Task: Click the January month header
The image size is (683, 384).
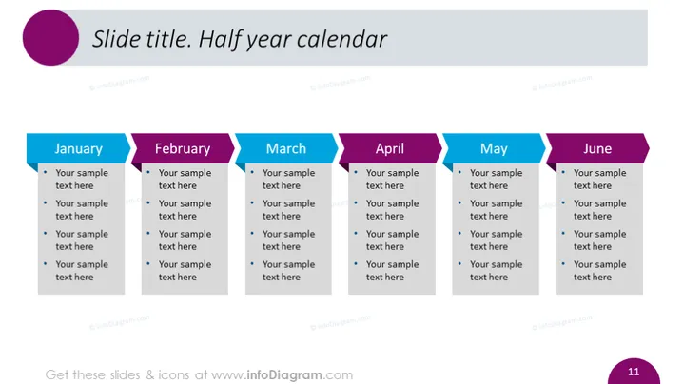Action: click(x=78, y=148)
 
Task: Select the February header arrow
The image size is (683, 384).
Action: click(x=183, y=148)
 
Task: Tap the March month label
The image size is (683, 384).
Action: click(x=286, y=148)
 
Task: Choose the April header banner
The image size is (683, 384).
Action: click(x=390, y=148)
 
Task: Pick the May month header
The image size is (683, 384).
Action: click(x=494, y=148)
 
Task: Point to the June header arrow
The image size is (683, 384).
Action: click(x=597, y=148)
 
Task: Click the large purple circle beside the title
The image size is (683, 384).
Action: click(x=51, y=37)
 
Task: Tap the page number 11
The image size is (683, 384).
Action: click(x=634, y=372)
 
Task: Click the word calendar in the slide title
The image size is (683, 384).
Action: click(x=341, y=39)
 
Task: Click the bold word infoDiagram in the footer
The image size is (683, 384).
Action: click(x=284, y=374)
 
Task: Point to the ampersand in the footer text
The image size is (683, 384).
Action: click(x=150, y=374)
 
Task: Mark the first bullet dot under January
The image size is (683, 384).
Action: click(x=46, y=172)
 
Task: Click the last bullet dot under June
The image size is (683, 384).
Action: click(x=563, y=263)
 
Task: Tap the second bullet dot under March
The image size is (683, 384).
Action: click(x=252, y=202)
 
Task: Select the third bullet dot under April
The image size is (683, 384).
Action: click(x=356, y=233)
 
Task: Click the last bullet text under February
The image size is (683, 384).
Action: click(x=185, y=270)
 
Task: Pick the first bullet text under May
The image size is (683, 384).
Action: click(x=496, y=179)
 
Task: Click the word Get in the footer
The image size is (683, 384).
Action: click(x=57, y=374)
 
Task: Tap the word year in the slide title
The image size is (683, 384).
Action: click(x=269, y=40)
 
